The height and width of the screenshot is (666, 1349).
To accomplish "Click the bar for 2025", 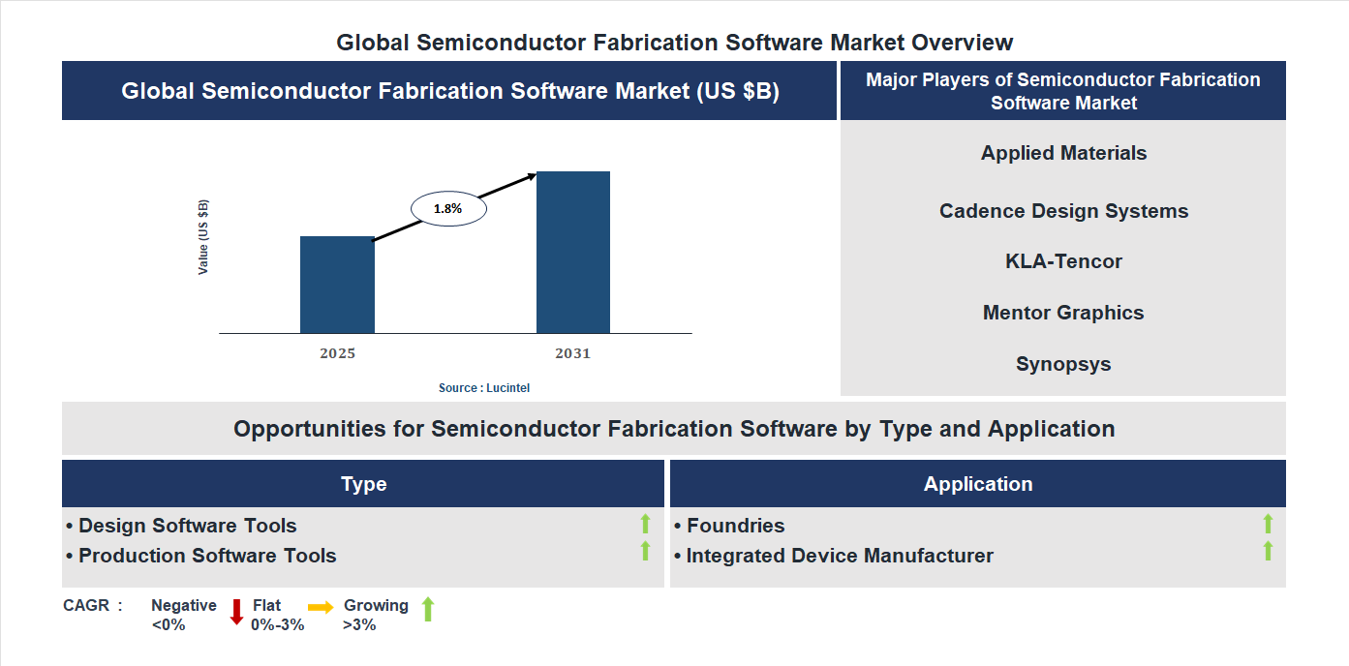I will [x=337, y=285].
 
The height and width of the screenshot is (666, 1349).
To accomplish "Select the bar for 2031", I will [x=573, y=253].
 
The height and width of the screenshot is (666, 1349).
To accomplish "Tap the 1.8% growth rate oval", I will [x=448, y=208].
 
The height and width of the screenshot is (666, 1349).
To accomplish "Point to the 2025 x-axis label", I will [x=337, y=353].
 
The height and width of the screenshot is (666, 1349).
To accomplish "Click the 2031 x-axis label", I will [x=572, y=353].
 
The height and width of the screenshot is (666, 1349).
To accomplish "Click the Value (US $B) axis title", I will [x=203, y=237].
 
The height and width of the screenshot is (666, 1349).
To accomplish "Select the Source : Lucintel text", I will [x=484, y=387].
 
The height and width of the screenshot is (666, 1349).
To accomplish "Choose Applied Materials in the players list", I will [x=1063, y=153].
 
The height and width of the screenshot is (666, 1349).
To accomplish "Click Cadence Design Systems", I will [x=1063, y=211].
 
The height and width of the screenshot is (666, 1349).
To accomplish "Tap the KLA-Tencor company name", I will [x=1063, y=261].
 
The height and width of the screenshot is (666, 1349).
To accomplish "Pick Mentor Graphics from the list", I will [x=1063, y=313].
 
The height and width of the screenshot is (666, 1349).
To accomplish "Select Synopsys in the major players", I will [x=1063, y=364].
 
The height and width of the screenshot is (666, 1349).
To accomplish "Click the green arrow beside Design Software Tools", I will [x=645, y=525].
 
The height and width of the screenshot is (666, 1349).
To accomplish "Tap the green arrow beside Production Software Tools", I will [x=645, y=552].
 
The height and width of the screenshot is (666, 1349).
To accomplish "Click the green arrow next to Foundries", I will [x=1268, y=525].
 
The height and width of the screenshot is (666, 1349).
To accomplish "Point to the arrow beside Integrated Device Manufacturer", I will [x=1268, y=552].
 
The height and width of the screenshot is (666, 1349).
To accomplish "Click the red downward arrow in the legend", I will [x=235, y=612].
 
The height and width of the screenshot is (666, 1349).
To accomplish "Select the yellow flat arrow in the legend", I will [x=321, y=607].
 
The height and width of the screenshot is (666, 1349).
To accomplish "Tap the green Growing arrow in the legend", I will [x=428, y=610].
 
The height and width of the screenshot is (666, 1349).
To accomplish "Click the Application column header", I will [x=977, y=484].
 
